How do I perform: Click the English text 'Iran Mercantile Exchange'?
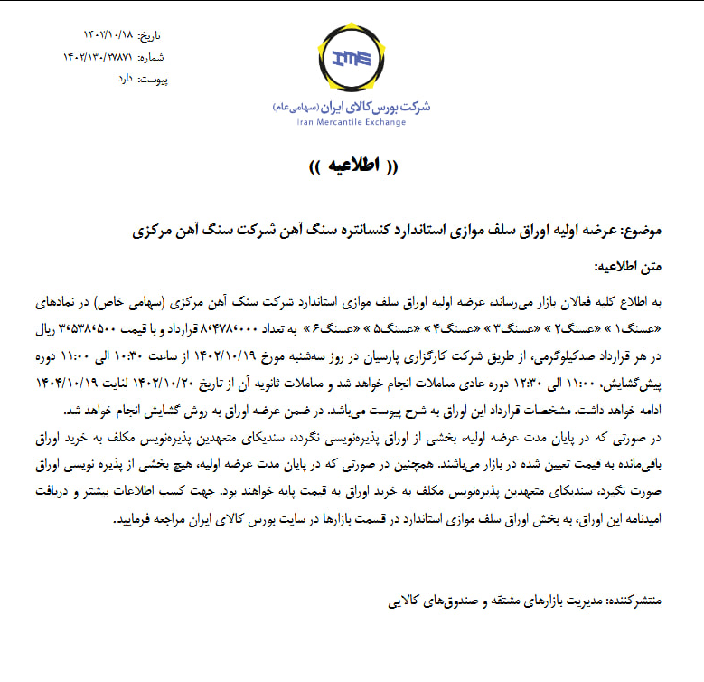tap(352, 122)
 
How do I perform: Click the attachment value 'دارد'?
tap(124, 79)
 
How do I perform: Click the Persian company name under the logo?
tap(352, 107)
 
